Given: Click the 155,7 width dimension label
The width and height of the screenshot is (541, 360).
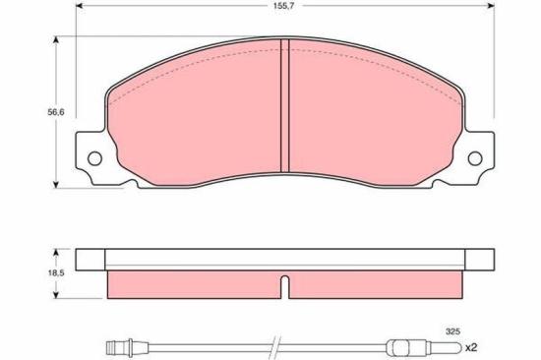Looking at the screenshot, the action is point(283,6).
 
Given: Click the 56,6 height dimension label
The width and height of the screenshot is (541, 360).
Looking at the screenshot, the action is point(56,112).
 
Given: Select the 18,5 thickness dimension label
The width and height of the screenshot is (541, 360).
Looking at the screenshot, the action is point(56,272).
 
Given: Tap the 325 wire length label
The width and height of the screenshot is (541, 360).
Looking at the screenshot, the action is point(452,331).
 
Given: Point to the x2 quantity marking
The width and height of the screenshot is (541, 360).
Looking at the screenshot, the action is point(470,347).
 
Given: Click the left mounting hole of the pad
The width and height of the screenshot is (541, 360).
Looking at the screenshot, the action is point(94,158).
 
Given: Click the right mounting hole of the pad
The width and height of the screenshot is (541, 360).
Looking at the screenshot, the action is point(475,158).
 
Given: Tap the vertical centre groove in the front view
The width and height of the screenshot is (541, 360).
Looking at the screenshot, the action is point(284,105).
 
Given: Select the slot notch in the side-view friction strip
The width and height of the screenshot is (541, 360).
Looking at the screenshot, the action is point(285,286).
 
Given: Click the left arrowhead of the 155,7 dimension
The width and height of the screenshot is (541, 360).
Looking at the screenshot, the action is point(80,6).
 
